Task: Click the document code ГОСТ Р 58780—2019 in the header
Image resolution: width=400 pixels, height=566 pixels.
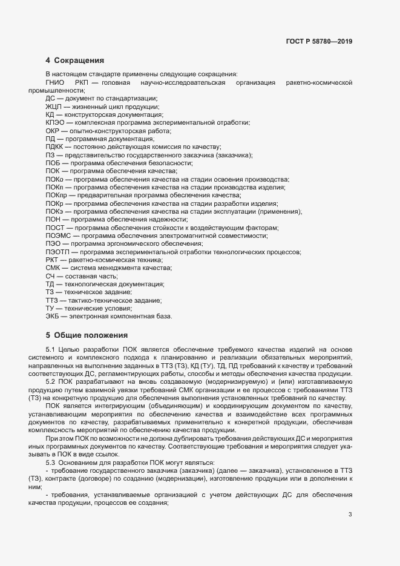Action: click(319, 42)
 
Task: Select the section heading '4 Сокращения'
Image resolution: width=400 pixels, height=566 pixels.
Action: click(75, 61)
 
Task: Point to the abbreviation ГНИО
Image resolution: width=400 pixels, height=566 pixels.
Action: click(55, 82)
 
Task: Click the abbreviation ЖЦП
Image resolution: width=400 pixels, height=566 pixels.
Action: click(54, 107)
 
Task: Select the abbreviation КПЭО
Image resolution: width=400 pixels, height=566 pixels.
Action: click(55, 123)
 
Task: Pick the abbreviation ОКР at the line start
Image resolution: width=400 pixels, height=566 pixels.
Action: click(53, 131)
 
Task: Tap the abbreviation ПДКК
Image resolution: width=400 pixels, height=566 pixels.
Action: click(55, 147)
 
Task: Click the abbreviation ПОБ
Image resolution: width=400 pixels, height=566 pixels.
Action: click(53, 163)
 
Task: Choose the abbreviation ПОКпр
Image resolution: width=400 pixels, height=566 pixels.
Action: click(56, 196)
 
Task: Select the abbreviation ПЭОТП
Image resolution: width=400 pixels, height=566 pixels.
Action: click(57, 252)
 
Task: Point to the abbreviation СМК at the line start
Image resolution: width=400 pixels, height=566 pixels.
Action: click(53, 268)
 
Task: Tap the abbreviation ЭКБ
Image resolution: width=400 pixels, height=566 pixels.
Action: click(53, 316)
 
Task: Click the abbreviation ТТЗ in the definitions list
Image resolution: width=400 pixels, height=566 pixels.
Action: click(53, 300)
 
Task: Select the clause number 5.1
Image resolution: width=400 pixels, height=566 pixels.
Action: click(50, 350)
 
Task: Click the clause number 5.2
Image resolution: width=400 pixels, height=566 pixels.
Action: click(50, 382)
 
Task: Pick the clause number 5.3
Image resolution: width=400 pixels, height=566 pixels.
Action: click(50, 446)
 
